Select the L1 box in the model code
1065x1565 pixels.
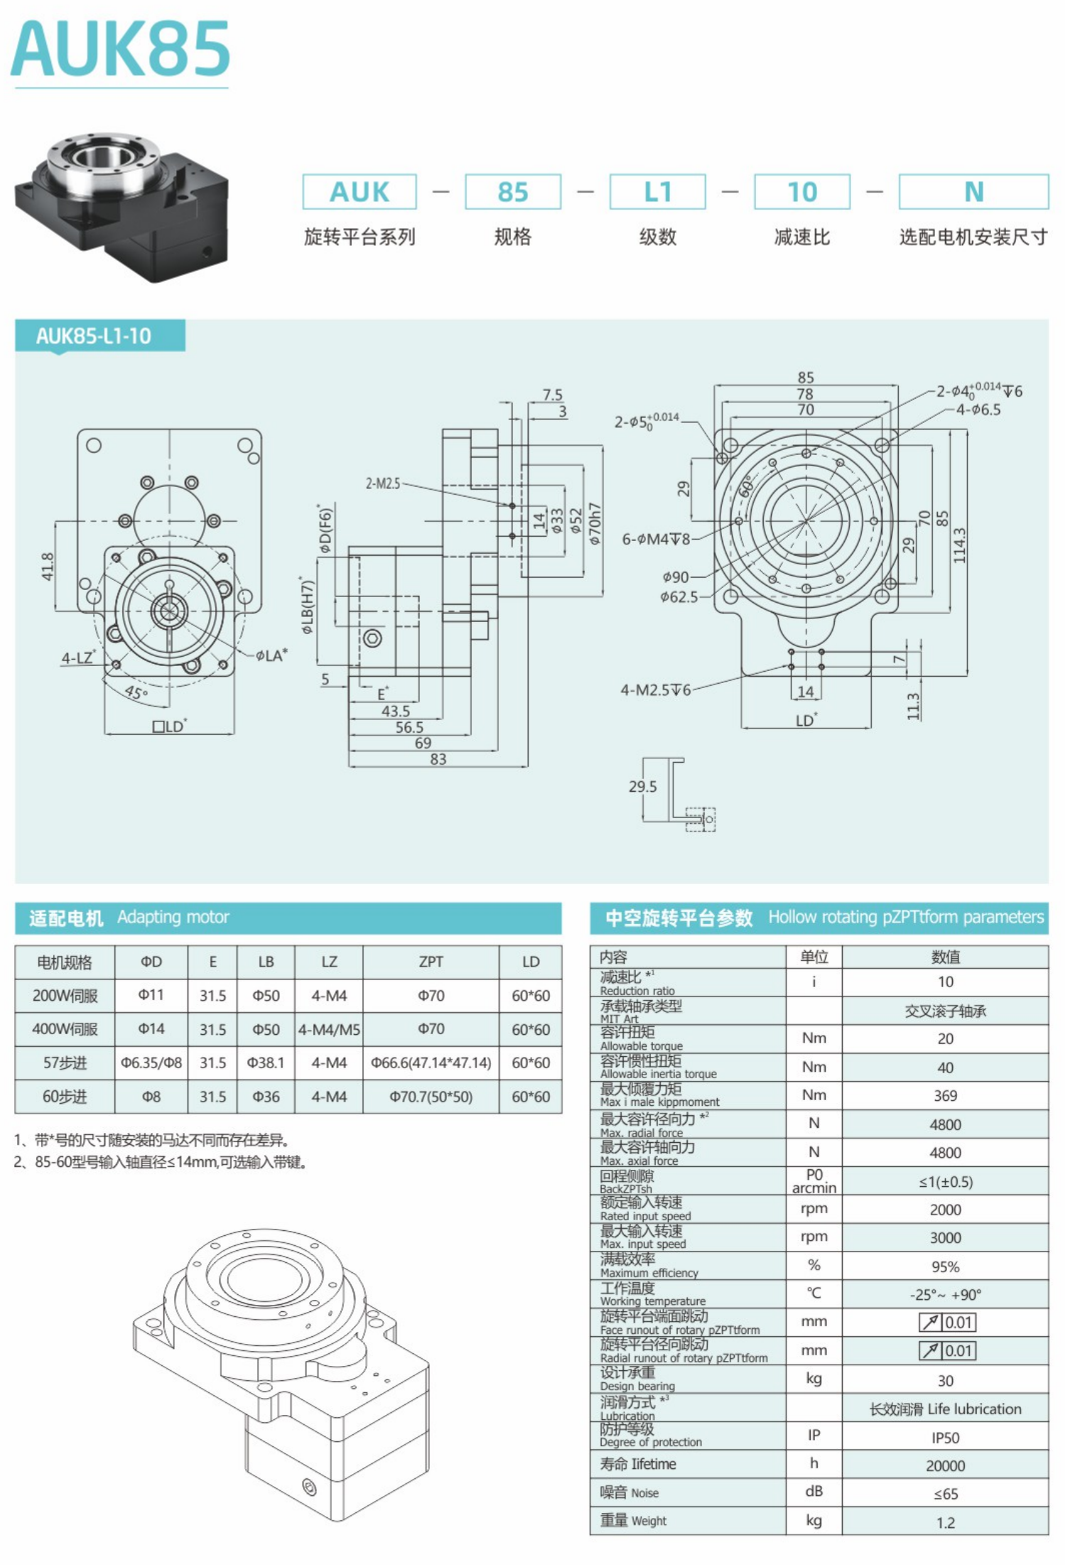pyautogui.click(x=657, y=192)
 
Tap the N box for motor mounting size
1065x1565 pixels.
pyautogui.click(x=973, y=192)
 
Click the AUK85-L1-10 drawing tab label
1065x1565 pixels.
pyautogui.click(x=94, y=335)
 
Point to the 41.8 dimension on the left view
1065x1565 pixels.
pyautogui.click(x=48, y=566)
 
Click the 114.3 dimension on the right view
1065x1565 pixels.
pyautogui.click(x=960, y=546)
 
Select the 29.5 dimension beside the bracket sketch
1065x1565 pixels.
pyautogui.click(x=642, y=786)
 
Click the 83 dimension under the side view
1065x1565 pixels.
pyautogui.click(x=438, y=759)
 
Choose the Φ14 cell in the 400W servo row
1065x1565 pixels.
pyautogui.click(x=151, y=1028)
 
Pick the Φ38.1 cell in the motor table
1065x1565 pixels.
pyautogui.click(x=266, y=1063)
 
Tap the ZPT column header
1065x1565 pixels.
pyautogui.click(x=431, y=962)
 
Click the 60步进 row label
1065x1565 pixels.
pyautogui.click(x=65, y=1096)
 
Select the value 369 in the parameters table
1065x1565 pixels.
pyautogui.click(x=945, y=1095)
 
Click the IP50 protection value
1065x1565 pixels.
pyautogui.click(x=945, y=1437)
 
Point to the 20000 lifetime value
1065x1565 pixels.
pyautogui.click(x=945, y=1465)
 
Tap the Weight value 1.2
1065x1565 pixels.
pyautogui.click(x=945, y=1522)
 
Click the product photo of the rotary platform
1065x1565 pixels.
pyautogui.click(x=121, y=206)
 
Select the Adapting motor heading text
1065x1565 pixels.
pyautogui.click(x=173, y=917)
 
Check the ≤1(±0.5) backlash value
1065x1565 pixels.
pyautogui.click(x=945, y=1181)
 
